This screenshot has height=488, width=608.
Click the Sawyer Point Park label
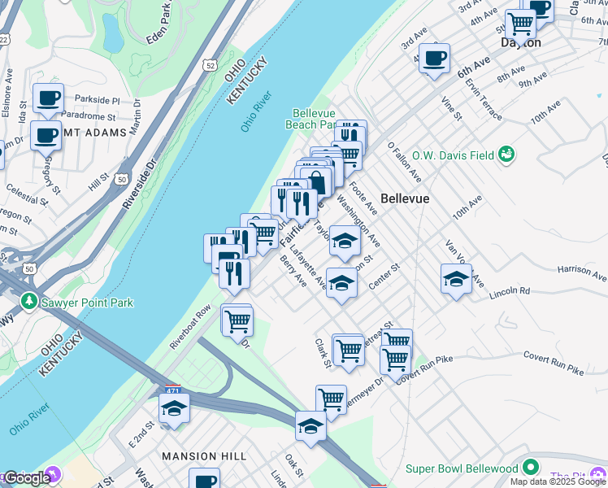(88, 303)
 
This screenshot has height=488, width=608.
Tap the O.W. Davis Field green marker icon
(507, 154)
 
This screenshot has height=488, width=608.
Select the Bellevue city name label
(405, 198)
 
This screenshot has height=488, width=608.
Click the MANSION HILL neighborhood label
(200, 456)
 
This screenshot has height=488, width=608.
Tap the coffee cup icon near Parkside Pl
(48, 98)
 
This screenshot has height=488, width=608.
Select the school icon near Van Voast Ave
(457, 279)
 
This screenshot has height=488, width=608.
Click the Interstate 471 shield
(172, 390)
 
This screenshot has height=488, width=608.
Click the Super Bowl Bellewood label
(462, 468)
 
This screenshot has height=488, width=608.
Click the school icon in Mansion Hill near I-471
(174, 408)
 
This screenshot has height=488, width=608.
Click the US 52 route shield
(211, 64)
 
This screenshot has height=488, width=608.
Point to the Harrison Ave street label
(580, 268)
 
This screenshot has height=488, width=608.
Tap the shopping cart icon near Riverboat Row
(237, 320)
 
